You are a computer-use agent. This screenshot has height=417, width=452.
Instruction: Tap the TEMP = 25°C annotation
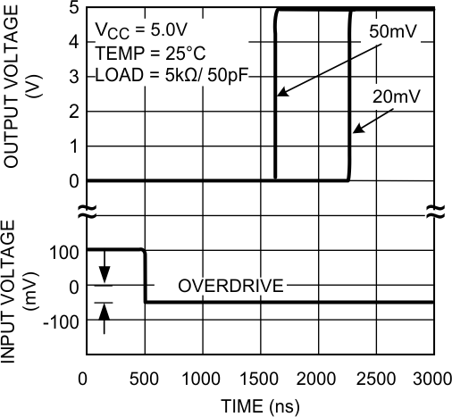point(140,49)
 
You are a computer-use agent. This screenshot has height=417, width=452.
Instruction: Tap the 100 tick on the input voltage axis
point(65,251)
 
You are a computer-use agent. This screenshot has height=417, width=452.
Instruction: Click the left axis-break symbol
point(86,213)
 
